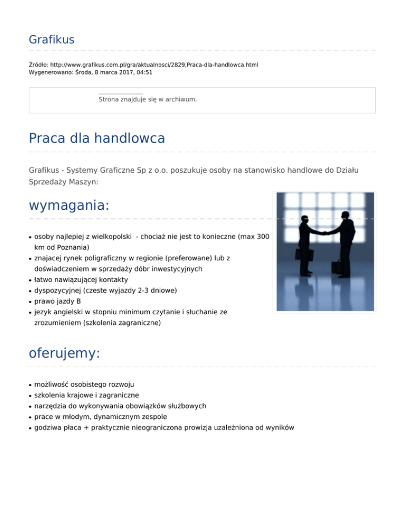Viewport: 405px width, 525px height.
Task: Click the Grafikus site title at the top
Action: point(52,40)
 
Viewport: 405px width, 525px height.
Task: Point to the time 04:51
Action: point(143,72)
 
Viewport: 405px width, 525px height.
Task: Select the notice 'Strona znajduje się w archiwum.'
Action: point(148,99)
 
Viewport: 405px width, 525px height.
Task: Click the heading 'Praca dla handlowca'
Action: point(97,138)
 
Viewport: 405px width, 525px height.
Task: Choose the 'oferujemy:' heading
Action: point(64,353)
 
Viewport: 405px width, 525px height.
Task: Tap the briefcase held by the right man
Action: point(337,267)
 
